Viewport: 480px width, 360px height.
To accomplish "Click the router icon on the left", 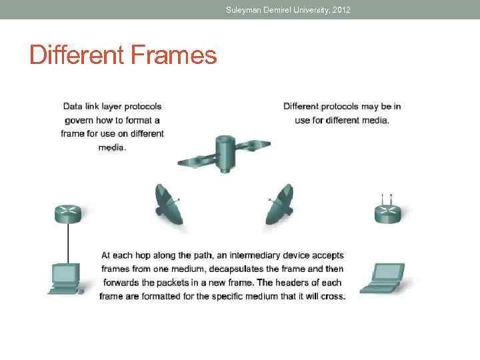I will click(x=67, y=213).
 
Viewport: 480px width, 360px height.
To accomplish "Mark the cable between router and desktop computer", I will click(x=67, y=243).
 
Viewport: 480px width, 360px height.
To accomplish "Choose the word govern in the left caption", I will click(x=79, y=120).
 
